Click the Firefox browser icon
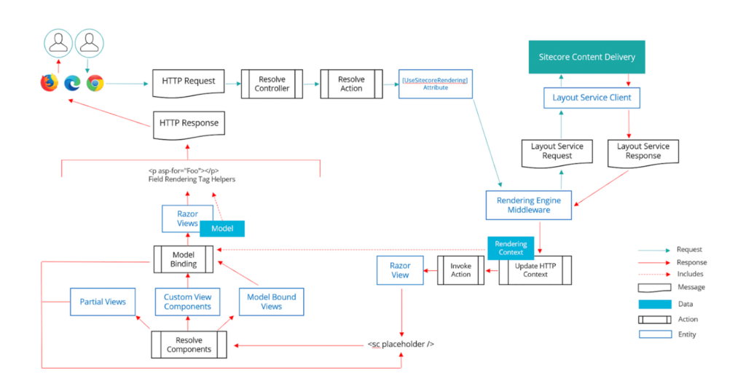50,84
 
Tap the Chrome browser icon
95,84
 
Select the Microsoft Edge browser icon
72,84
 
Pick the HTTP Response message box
188,123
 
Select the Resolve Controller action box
272,84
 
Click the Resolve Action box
351,84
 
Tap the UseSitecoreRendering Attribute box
435,83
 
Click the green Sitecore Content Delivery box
586,57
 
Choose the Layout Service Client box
591,98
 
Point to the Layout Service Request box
557,152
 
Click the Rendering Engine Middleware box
528,205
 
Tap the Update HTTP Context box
535,270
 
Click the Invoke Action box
460,270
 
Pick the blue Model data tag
221,229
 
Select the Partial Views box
103,302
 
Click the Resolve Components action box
189,344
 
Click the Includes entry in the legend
689,274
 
